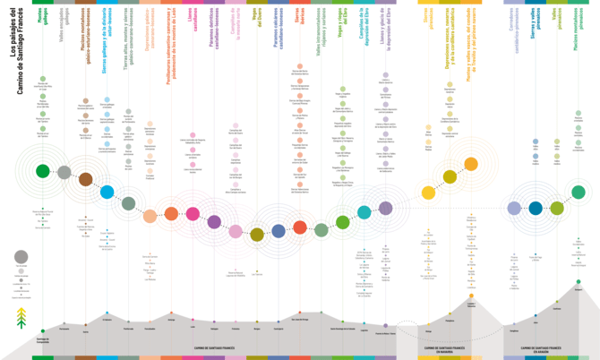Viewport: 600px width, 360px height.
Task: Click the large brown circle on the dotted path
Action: tap(86, 179)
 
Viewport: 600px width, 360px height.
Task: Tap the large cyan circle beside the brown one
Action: tap(107, 191)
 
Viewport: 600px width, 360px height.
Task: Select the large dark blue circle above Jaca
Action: tap(536, 208)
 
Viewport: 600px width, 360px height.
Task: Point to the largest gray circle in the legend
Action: tap(21, 257)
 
